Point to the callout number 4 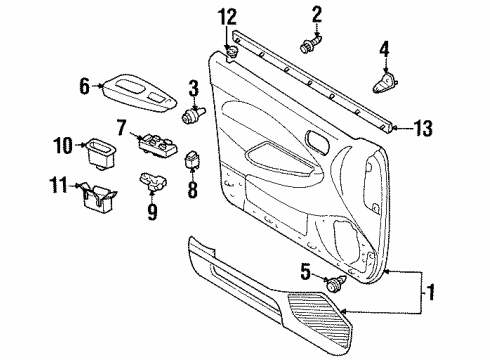coord(384,48)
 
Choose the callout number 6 coord(85,87)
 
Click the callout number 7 coord(120,127)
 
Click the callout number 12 coord(227,16)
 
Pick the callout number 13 coord(424,126)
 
